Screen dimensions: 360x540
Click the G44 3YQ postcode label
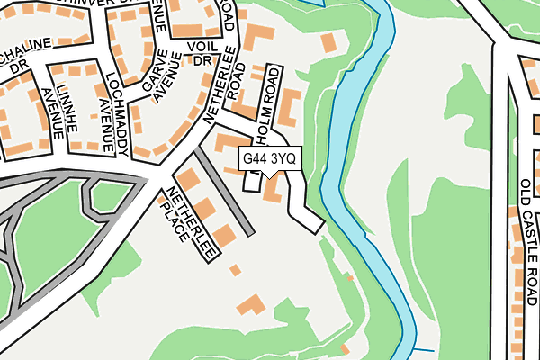[x=269, y=158]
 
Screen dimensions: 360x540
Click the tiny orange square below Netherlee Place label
[x=235, y=269]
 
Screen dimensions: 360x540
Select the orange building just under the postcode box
[x=272, y=192]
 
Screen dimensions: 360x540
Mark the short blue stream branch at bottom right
[x=423, y=350]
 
